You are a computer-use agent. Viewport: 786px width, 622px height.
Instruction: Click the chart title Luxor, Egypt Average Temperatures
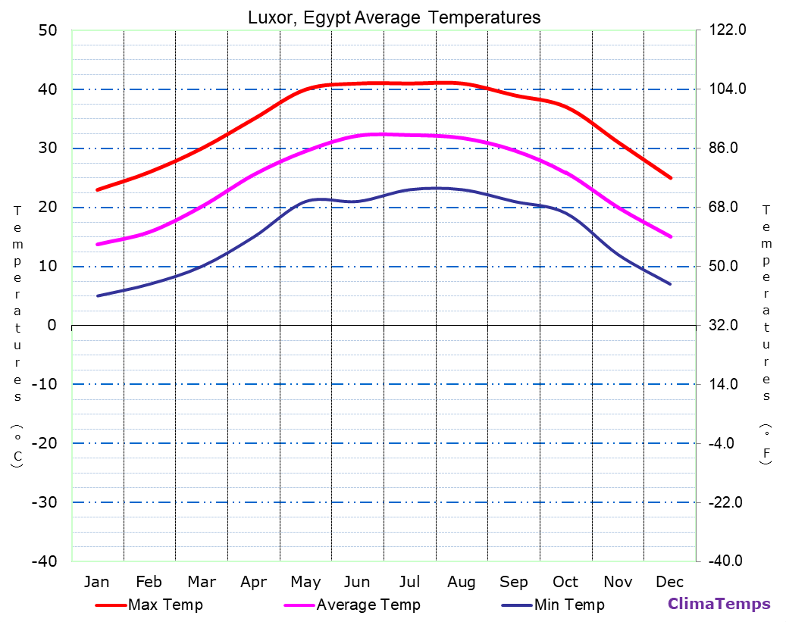point(394,17)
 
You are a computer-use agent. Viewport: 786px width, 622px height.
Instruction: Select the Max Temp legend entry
point(165,605)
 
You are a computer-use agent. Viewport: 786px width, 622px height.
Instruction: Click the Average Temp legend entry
point(368,605)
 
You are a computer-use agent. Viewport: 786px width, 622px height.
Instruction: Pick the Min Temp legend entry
point(568,605)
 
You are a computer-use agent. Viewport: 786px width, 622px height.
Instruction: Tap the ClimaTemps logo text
point(719,604)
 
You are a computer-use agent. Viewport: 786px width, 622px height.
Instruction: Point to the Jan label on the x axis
point(96,582)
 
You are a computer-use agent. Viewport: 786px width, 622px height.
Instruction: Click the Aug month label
point(461,582)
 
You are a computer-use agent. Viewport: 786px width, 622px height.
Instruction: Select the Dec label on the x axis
point(670,582)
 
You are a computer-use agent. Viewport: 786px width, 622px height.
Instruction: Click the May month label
point(305,582)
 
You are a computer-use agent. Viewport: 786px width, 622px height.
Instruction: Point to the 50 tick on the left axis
point(47,30)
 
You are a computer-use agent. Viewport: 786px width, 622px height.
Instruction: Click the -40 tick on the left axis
point(42,561)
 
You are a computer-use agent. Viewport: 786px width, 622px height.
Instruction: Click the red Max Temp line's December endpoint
point(671,178)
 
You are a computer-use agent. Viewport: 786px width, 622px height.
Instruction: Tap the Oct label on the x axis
point(565,582)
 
